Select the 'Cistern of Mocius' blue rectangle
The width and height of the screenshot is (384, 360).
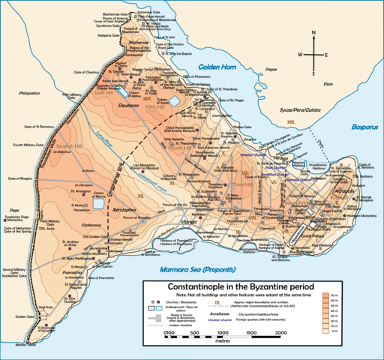(97, 203)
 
